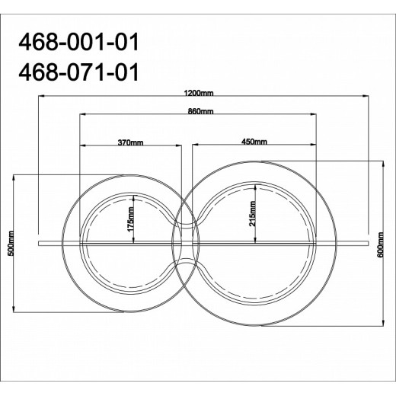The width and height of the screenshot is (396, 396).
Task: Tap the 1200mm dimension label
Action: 200,91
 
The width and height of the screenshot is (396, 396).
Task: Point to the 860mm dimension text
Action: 200,111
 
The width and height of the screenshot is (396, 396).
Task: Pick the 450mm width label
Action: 254,142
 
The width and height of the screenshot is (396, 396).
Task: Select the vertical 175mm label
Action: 131,220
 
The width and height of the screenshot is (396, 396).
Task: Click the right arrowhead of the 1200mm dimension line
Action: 367,97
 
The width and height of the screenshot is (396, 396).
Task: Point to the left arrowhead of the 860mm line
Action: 82,116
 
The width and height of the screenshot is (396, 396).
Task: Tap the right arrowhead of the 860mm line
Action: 315,116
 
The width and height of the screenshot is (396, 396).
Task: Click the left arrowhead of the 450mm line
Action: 194,146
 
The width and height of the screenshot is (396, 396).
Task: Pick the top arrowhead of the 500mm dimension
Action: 18,177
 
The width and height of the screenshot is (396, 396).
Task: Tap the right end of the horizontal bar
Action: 366,244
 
